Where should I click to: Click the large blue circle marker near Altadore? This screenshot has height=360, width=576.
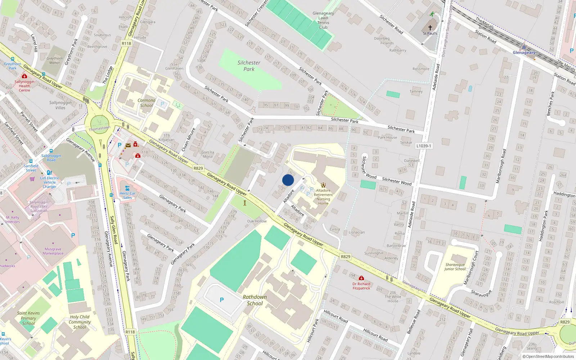[288, 180]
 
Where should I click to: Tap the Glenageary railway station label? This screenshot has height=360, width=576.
[524, 53]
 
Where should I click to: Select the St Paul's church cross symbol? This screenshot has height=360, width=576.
[430, 28]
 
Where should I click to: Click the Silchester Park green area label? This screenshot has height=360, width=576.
[249, 66]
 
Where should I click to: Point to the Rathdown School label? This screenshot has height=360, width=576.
[255, 300]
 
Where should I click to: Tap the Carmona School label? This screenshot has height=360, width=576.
[147, 103]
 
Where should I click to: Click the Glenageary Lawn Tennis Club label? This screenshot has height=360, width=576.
[323, 20]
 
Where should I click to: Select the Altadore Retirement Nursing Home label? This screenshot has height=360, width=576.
[323, 197]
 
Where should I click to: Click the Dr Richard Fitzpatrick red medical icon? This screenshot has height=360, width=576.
[361, 278]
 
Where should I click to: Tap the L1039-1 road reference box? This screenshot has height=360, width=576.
[424, 146]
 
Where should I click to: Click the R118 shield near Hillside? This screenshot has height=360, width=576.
[126, 43]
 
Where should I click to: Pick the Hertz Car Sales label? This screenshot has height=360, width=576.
[127, 195]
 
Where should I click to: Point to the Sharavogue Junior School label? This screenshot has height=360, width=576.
[455, 267]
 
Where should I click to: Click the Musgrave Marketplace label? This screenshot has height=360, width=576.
[53, 251]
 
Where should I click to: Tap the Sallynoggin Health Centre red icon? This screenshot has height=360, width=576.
[24, 76]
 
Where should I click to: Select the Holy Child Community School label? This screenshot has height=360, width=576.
[80, 322]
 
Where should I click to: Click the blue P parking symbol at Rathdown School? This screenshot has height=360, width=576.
[222, 300]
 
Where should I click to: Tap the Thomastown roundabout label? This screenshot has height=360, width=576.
[100, 129]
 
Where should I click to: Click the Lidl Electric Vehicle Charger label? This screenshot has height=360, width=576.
[50, 182]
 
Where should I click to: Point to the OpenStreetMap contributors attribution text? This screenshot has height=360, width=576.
[550, 356]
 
